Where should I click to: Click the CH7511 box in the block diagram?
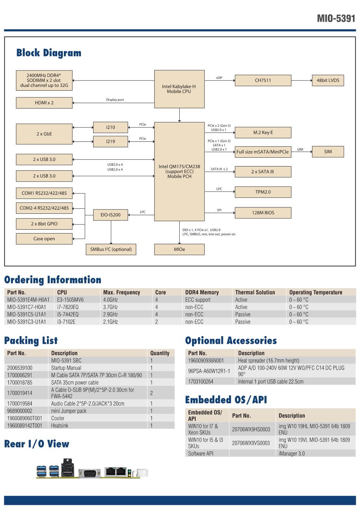click(x=263, y=80)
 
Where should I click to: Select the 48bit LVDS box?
click(x=328, y=80)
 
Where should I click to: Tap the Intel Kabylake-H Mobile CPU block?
click(x=179, y=89)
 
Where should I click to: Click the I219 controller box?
click(x=110, y=141)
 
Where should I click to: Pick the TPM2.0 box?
click(x=263, y=192)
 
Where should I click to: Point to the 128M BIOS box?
click(x=263, y=213)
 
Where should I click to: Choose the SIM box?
click(x=328, y=152)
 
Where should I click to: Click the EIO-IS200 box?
click(x=110, y=215)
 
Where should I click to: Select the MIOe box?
click(x=179, y=249)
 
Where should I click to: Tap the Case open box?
click(x=44, y=239)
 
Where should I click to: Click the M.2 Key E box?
click(x=263, y=133)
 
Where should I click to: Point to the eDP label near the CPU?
click(x=219, y=78)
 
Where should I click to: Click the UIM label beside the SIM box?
click(x=300, y=150)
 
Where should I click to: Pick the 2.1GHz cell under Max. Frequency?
click(x=110, y=322)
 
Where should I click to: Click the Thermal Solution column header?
click(x=255, y=292)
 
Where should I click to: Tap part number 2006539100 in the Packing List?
click(x=20, y=368)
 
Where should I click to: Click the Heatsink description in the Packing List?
click(x=60, y=426)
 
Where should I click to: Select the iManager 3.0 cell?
click(x=292, y=454)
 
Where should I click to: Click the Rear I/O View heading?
click(x=37, y=444)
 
